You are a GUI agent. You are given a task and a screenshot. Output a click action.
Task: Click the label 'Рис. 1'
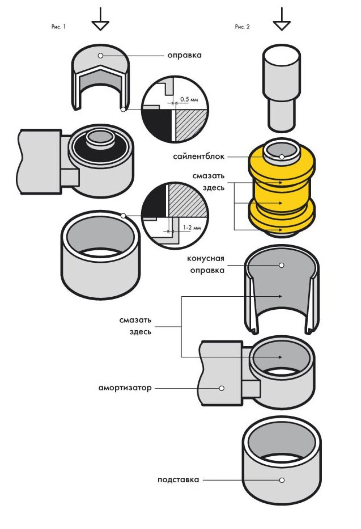click(x=58, y=27)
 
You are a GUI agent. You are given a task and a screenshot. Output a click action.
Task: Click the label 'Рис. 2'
click(x=242, y=27)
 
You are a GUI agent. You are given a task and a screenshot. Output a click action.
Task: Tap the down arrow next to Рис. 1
click(x=100, y=20)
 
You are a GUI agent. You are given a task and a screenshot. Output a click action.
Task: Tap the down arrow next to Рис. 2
click(x=282, y=20)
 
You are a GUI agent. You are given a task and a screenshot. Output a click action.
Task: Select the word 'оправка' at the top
click(x=184, y=56)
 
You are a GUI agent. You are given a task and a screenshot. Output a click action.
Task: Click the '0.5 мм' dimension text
click(x=189, y=99)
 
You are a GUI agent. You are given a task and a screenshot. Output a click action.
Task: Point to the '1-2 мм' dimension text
click(x=192, y=228)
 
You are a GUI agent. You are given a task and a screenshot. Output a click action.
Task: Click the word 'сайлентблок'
click(x=199, y=157)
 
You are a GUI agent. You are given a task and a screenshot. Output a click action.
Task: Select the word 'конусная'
click(x=205, y=259)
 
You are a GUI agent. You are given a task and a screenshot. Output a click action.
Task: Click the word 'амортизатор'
click(x=125, y=388)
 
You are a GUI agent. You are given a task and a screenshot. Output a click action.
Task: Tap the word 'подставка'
click(x=178, y=480)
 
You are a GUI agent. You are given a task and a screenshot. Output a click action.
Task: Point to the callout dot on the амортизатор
click(x=222, y=388)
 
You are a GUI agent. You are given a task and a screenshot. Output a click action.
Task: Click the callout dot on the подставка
click(x=282, y=480)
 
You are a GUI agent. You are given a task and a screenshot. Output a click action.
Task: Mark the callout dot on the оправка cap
click(x=100, y=56)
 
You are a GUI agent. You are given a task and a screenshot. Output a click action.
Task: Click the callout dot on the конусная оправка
click(x=282, y=265)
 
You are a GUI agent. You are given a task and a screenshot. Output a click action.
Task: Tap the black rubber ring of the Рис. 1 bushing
click(x=78, y=148)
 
